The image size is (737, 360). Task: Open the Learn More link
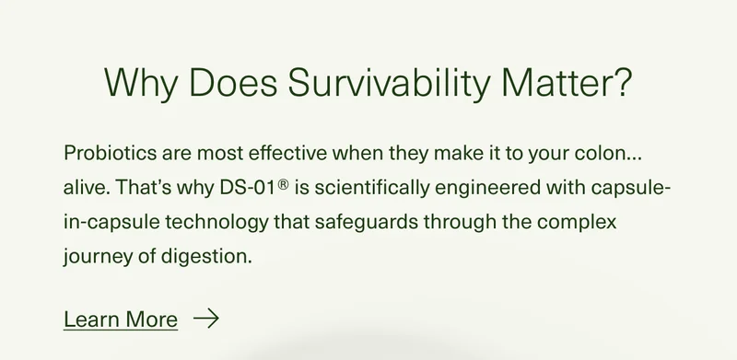coord(121,319)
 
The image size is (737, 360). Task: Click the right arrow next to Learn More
coord(206,319)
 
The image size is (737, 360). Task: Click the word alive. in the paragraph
coord(88,187)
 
